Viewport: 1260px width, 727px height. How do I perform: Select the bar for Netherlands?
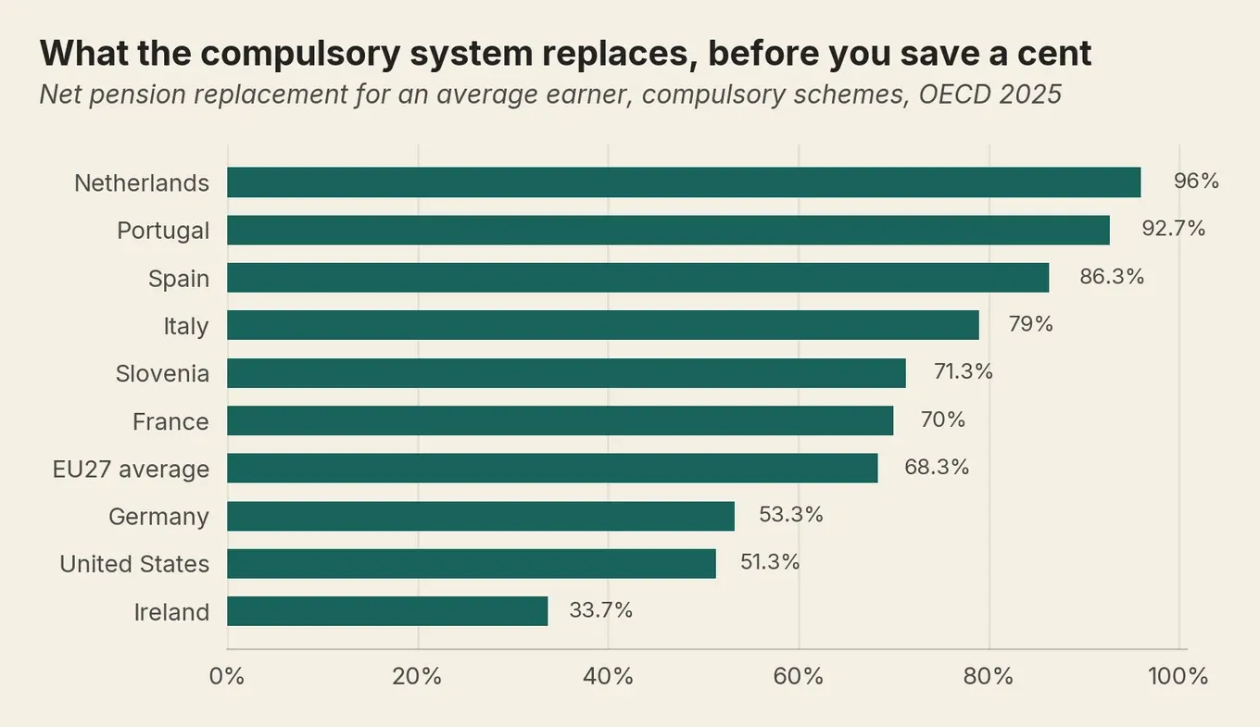tap(684, 182)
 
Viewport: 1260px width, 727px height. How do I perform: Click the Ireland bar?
tap(387, 611)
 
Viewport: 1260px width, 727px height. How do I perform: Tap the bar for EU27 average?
tap(552, 469)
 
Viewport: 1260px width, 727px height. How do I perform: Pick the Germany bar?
tap(481, 516)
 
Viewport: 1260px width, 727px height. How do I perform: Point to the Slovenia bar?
tap(566, 373)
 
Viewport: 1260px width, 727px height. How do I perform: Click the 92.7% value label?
tap(1173, 228)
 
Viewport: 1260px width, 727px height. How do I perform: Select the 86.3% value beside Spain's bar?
tap(1112, 277)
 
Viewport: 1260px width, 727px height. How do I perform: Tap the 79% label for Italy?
tap(1030, 324)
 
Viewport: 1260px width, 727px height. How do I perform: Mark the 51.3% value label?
tap(770, 562)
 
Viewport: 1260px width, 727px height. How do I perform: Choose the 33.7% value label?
tap(600, 610)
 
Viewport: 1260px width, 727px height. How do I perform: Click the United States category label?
tap(134, 564)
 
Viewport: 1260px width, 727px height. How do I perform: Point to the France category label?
tap(170, 421)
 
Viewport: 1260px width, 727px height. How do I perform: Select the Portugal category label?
tap(163, 231)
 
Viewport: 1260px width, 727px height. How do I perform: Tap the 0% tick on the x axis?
tap(227, 676)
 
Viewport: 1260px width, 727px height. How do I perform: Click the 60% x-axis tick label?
tap(799, 676)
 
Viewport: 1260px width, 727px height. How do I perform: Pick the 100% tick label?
tap(1178, 676)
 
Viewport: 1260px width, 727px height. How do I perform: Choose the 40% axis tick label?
tap(608, 676)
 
